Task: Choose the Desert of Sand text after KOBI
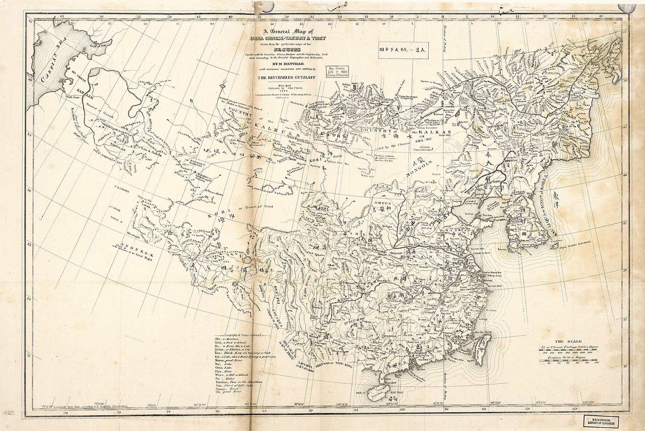(x=257, y=207)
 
